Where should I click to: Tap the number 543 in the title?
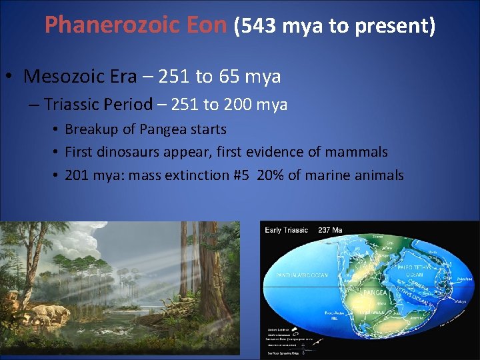click(259, 26)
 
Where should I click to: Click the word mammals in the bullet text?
click(357, 152)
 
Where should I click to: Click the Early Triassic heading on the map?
click(287, 230)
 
